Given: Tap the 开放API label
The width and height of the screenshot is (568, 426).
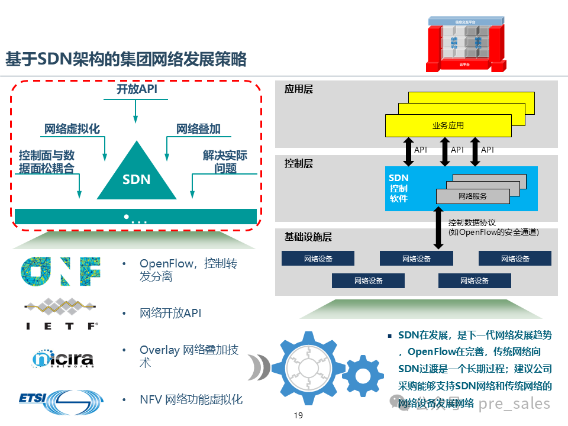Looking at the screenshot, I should [136, 90].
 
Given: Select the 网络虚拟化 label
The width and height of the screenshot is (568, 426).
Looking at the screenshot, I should [72, 129].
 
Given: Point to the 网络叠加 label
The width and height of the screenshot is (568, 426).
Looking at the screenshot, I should [198, 129].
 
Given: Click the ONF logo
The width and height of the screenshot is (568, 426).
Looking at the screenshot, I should [61, 271].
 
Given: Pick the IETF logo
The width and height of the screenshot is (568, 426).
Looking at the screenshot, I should [61, 314].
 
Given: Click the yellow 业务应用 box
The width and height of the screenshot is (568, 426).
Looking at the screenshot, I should [448, 125].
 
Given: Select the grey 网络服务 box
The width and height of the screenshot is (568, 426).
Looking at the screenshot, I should [473, 196].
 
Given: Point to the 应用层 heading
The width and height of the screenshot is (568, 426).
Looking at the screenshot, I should [298, 89].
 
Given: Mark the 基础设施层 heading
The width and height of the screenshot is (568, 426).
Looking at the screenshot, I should [308, 237].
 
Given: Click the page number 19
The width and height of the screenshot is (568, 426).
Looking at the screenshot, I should [298, 415].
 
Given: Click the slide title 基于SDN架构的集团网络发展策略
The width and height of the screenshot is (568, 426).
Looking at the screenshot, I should [126, 59].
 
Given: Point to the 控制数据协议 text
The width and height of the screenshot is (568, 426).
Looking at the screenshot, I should [472, 223].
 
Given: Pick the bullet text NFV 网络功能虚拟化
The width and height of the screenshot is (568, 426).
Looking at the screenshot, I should [191, 399].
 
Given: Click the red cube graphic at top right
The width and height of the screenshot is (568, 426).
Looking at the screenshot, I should [467, 43].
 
